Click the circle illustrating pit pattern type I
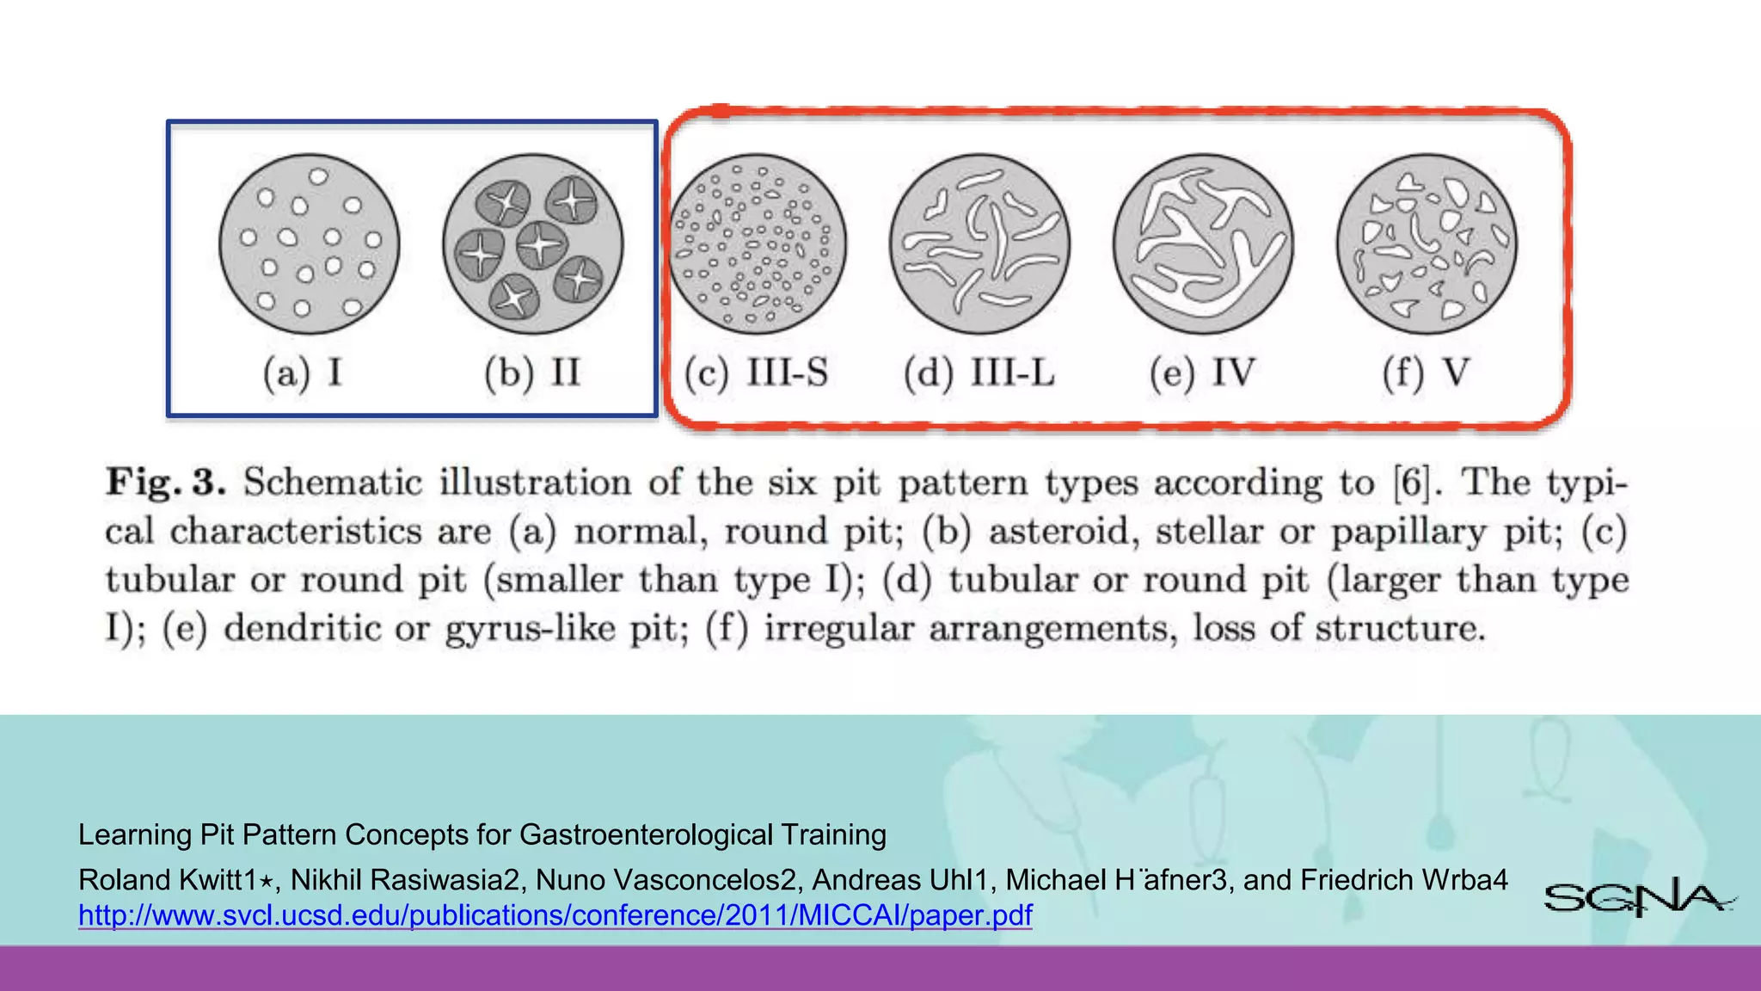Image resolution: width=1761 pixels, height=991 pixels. click(309, 243)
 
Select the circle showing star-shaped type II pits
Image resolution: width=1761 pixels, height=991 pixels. click(533, 243)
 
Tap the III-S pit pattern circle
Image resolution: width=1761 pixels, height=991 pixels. click(757, 243)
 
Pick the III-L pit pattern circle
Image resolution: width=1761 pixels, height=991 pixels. click(980, 243)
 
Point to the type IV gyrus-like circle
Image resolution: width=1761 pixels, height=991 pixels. click(1203, 243)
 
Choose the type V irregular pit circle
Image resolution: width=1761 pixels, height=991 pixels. click(1427, 243)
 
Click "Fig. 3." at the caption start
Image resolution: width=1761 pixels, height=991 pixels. click(165, 482)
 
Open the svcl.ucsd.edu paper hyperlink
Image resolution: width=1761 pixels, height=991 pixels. click(555, 915)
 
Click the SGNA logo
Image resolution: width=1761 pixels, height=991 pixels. click(1638, 897)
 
